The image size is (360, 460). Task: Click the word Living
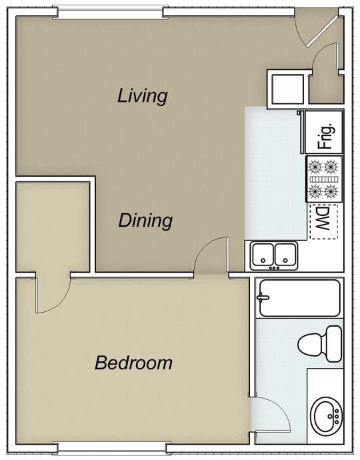(143, 96)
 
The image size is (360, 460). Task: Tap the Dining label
(145, 221)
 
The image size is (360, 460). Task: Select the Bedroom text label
(133, 363)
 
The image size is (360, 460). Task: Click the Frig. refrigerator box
(324, 132)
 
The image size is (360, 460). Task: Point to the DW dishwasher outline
(323, 221)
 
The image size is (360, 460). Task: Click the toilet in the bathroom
(320, 344)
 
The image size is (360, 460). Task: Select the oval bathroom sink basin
(326, 416)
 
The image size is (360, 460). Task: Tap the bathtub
(300, 298)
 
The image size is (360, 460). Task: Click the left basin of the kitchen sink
(263, 255)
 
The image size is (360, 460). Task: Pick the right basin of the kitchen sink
(285, 255)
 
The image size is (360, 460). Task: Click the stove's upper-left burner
(315, 167)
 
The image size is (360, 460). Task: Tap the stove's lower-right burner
(331, 191)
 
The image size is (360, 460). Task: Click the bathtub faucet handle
(263, 297)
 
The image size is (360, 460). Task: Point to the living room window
(110, 13)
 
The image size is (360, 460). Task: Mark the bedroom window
(111, 447)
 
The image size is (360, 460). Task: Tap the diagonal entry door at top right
(323, 31)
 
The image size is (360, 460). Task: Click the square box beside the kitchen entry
(287, 89)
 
